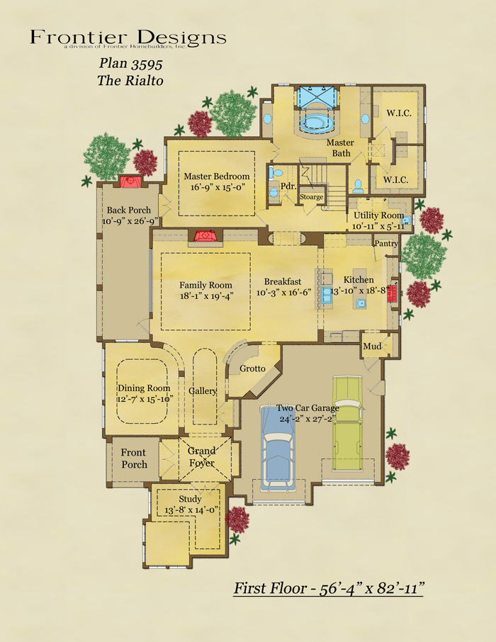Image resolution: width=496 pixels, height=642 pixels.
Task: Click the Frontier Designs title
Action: click(x=128, y=38)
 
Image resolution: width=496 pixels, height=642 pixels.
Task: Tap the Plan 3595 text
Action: click(x=130, y=64)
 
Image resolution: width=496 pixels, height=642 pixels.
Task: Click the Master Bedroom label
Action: click(x=216, y=176)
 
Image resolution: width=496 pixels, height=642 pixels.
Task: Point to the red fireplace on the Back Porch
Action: click(x=130, y=181)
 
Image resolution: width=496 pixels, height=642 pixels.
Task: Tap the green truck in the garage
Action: click(x=348, y=423)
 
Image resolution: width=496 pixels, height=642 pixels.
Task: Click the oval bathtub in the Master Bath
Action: click(x=317, y=123)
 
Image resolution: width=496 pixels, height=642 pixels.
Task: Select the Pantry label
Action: click(x=386, y=243)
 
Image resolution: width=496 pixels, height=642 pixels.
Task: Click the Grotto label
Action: click(x=252, y=368)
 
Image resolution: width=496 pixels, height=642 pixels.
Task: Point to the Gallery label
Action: click(x=203, y=391)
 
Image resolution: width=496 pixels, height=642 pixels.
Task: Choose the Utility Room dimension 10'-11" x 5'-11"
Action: click(x=378, y=226)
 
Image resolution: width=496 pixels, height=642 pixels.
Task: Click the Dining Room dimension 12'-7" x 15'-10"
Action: click(x=145, y=399)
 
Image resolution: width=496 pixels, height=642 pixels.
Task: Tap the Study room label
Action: click(x=190, y=499)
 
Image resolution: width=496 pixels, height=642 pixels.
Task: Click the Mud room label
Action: click(x=372, y=347)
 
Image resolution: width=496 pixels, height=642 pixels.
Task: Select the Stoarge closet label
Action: click(x=311, y=197)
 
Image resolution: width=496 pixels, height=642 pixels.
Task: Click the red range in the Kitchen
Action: click(x=393, y=293)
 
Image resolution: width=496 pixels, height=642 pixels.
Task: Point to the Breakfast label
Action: click(x=283, y=282)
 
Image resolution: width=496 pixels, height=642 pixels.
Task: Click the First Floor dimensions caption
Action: click(x=329, y=589)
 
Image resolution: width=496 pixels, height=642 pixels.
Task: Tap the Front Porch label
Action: click(x=134, y=458)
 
